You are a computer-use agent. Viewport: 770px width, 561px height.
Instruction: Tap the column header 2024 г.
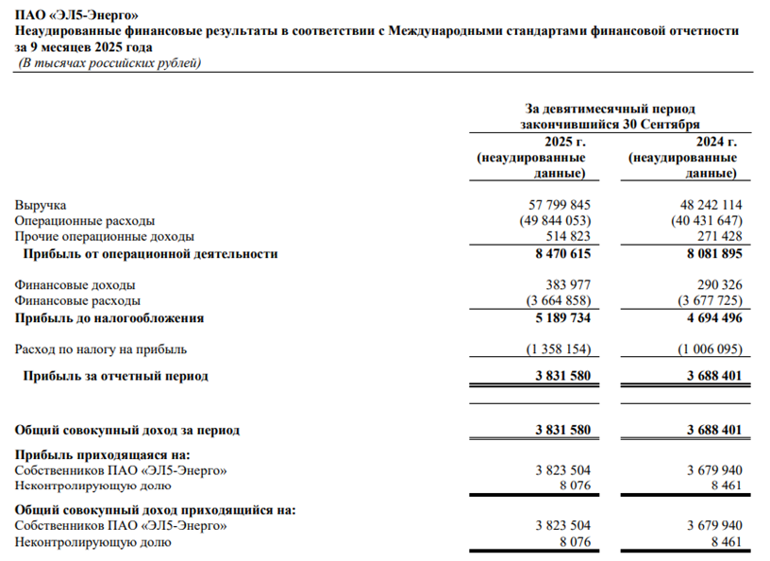tap(716, 142)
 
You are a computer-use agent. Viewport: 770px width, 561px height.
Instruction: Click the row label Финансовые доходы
tap(75, 284)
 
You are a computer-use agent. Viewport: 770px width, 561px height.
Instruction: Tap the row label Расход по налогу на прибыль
tap(102, 349)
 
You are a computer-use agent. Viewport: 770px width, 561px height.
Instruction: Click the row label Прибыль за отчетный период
tap(116, 376)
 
